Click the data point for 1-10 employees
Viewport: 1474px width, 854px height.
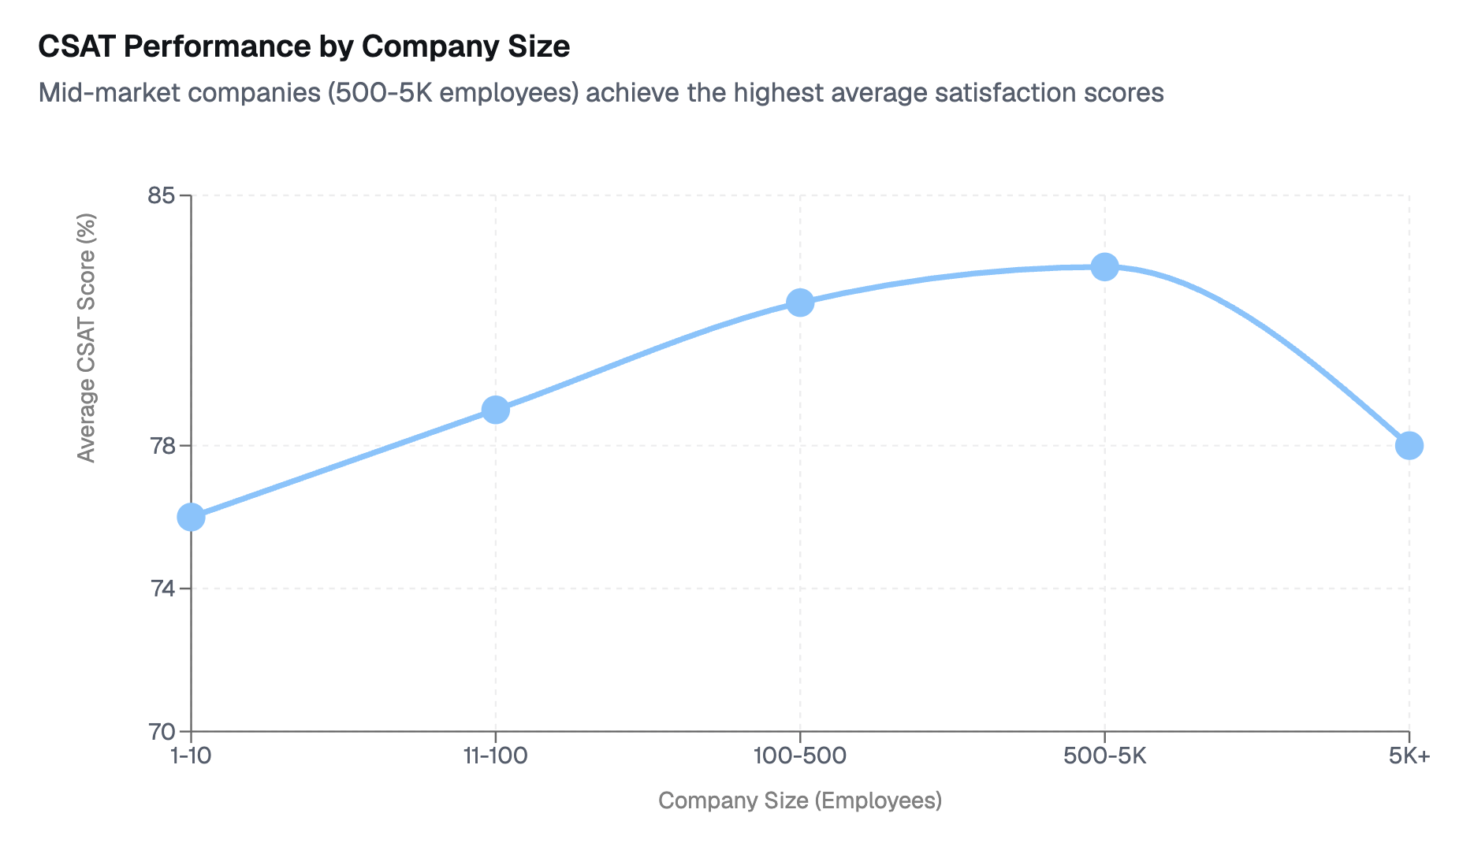191,517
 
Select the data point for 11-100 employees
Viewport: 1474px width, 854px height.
495,410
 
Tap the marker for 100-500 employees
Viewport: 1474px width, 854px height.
800,303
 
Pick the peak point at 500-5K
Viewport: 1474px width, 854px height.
1104,267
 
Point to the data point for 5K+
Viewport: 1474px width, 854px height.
1409,445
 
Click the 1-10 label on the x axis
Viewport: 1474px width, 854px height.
191,756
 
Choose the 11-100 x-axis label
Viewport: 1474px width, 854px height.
495,756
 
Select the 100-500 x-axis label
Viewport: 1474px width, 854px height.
800,756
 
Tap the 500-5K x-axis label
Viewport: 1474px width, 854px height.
1104,756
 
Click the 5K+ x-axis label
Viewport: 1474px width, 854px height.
1409,756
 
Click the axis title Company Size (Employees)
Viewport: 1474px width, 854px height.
800,800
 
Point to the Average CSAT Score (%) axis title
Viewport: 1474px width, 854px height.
87,339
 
